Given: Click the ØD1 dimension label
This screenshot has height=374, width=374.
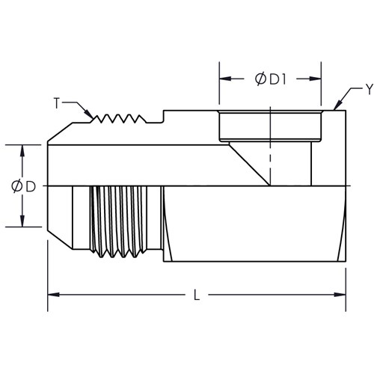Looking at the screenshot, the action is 271,79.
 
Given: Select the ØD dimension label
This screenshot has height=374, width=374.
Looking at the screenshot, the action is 23,186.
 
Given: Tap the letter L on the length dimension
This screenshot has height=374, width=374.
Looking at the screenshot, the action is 197,295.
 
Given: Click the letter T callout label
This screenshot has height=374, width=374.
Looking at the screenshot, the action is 57,103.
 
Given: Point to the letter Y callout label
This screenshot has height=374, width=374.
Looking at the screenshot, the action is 370,89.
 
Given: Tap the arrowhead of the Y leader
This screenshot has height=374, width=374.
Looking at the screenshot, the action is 337,105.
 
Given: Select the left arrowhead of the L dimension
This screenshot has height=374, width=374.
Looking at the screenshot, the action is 53,295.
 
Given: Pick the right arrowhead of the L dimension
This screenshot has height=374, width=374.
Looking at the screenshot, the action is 340,295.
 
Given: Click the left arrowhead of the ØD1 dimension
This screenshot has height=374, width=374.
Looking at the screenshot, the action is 225,79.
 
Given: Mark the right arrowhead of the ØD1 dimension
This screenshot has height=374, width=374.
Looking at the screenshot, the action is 315,79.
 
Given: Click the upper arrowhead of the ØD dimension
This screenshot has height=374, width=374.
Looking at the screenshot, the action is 22,150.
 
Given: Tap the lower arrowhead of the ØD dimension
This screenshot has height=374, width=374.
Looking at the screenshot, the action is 22,221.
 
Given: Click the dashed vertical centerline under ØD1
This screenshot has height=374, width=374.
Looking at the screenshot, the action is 270,146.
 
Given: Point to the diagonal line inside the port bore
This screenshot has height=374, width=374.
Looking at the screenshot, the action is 249,165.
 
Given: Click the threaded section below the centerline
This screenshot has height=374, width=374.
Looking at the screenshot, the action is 118,222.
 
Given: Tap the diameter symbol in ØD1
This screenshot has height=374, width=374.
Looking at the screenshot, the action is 260,79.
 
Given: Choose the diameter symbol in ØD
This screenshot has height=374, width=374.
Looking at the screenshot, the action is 17,186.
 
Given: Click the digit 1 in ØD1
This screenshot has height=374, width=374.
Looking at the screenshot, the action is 283,79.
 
